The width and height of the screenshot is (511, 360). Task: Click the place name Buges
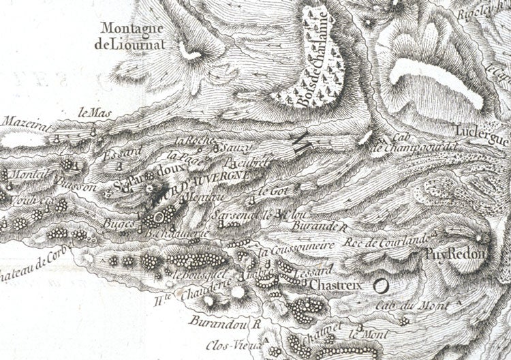(x=117, y=223)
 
